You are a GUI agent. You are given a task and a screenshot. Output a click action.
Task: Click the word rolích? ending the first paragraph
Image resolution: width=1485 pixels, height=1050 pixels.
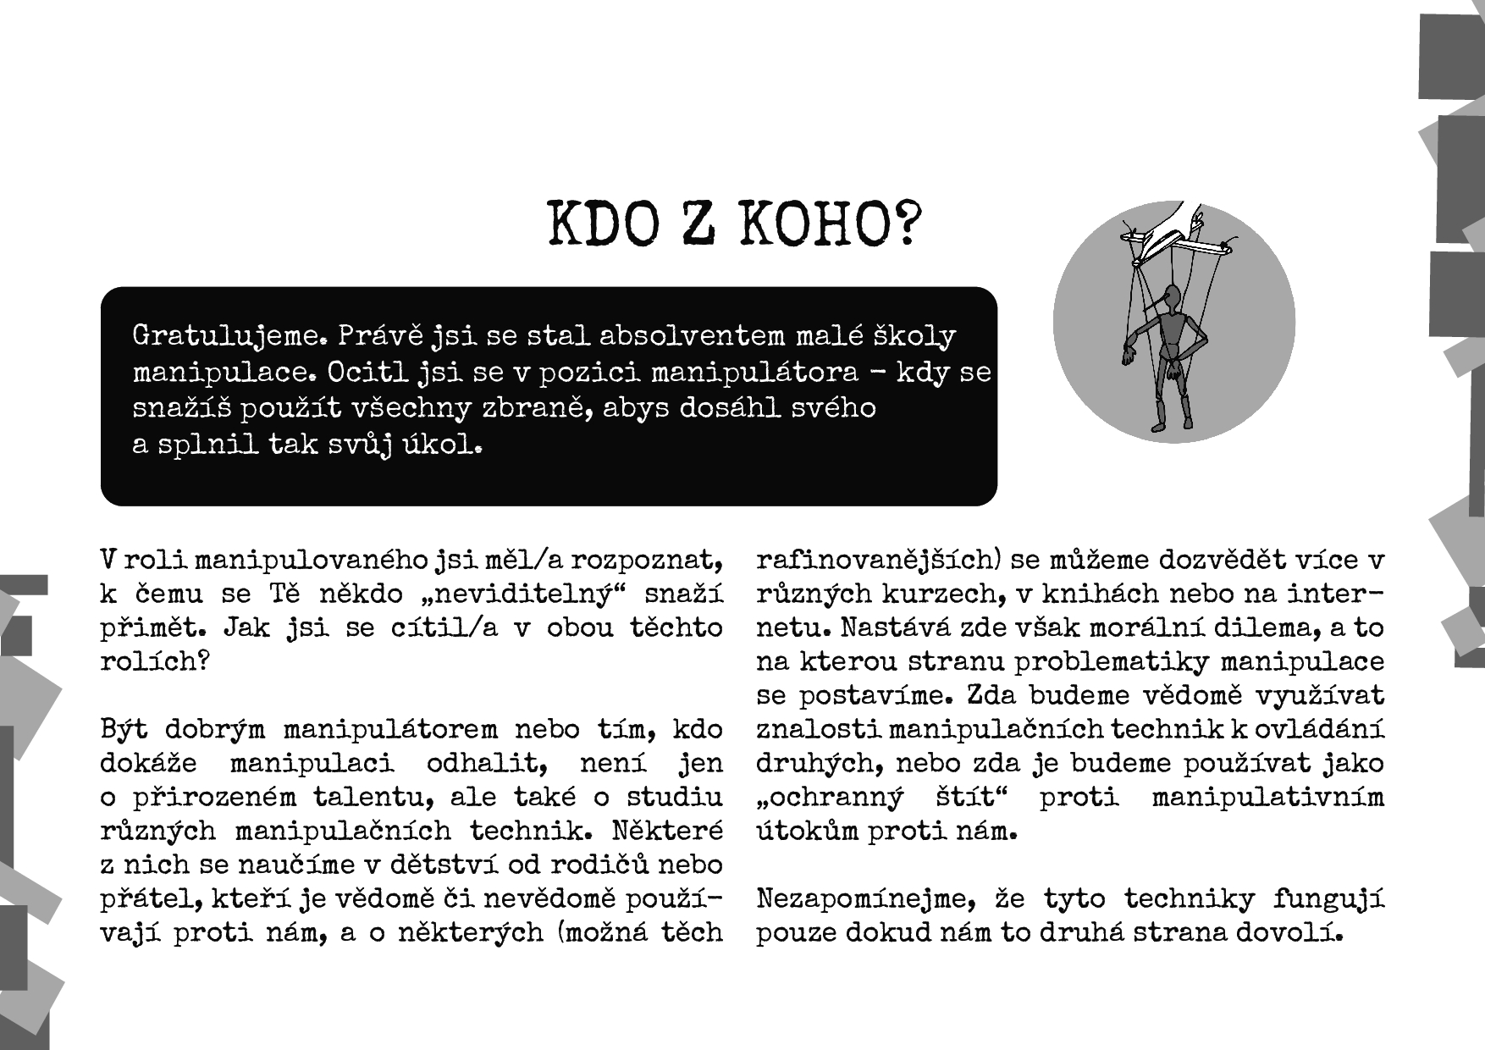tap(154, 661)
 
